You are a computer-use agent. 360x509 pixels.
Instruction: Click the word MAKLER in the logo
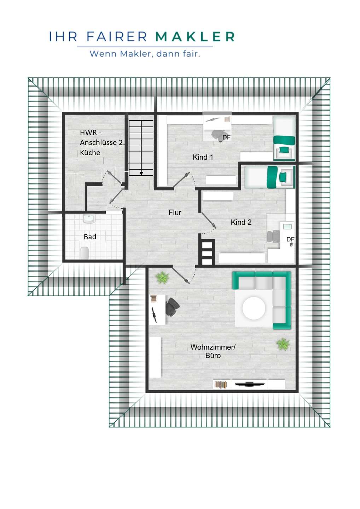195,37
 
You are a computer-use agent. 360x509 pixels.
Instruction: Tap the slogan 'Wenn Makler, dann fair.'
145,54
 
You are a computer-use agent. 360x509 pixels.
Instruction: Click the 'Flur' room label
175,212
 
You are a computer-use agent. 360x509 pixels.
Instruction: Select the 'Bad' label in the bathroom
90,237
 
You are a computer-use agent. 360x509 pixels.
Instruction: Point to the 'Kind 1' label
203,157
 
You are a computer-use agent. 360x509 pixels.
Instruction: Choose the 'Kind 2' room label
241,222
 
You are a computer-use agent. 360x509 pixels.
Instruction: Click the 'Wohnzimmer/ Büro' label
213,351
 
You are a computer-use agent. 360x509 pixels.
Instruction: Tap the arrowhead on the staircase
141,173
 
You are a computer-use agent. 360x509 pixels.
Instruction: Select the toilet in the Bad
84,253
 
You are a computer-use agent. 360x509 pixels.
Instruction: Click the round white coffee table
254,308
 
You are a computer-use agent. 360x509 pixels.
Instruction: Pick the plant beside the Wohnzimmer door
162,277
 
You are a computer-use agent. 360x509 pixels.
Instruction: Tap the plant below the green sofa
283,344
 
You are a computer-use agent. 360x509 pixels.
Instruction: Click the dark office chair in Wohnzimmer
173,307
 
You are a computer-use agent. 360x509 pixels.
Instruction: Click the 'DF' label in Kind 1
226,137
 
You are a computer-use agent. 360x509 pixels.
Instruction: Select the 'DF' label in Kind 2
290,239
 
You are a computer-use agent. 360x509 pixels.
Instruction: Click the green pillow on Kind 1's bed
283,150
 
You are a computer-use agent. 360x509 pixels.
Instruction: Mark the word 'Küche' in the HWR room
90,152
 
